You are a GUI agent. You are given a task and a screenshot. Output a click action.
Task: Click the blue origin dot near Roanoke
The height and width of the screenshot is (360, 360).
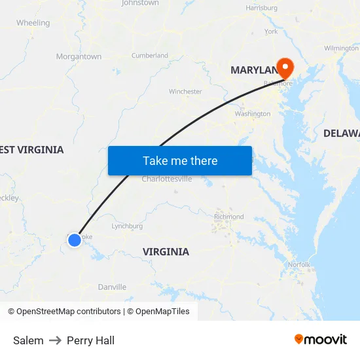[75, 240]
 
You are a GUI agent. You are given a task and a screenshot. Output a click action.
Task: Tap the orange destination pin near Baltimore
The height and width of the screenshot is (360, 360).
[285, 67]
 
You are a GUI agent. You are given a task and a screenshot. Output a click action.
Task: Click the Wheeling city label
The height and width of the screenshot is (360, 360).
[33, 23]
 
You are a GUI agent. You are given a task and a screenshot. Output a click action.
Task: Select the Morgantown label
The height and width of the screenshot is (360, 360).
[79, 57]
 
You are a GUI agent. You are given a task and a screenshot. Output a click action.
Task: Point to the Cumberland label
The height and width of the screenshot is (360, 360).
[150, 56]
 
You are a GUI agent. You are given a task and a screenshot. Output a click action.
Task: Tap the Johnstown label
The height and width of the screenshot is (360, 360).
[140, 3]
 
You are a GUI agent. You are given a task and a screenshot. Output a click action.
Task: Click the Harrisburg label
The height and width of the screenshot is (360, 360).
[262, 8]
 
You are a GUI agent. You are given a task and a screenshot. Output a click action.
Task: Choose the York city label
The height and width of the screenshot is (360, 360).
[271, 31]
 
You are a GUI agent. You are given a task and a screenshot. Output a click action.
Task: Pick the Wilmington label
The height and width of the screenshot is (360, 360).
[341, 48]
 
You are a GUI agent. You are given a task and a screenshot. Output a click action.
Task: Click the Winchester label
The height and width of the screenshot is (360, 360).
[185, 92]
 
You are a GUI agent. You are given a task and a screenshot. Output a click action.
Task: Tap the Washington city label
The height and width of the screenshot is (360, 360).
[252, 114]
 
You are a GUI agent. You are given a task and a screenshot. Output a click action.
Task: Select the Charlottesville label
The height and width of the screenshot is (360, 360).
[167, 179]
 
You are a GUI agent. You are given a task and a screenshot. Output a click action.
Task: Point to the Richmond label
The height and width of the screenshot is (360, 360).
[228, 217]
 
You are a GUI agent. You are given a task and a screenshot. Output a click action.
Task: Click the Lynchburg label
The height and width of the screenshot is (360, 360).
[127, 226]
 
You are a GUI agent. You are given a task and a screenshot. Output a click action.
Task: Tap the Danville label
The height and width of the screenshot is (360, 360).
[112, 287]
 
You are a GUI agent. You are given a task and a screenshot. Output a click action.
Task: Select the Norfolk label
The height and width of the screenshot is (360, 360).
[299, 264]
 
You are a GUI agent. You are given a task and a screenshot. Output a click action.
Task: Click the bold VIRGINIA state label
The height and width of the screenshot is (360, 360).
[166, 252]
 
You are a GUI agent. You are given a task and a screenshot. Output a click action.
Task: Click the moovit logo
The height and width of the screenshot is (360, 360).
[321, 340]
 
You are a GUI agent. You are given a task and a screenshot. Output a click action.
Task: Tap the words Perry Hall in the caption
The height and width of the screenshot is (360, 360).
[90, 340]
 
